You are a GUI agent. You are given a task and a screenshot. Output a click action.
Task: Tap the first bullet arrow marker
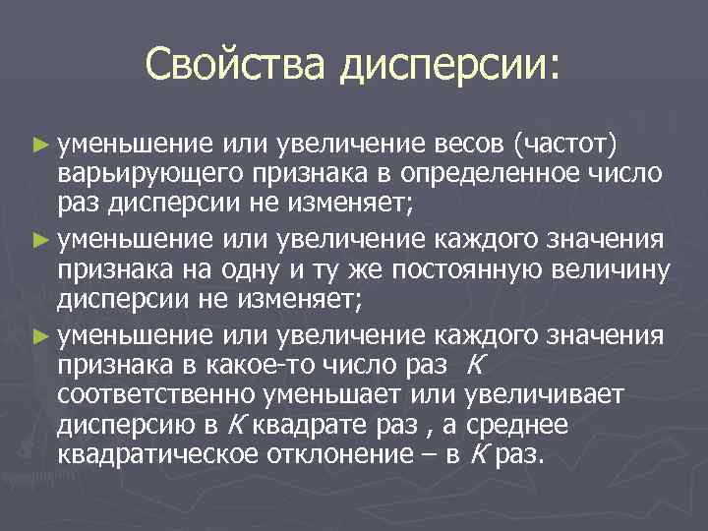pos(38,147)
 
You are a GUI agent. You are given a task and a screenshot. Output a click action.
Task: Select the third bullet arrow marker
pos(38,335)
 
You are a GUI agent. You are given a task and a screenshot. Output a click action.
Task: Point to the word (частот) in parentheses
pos(565,147)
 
